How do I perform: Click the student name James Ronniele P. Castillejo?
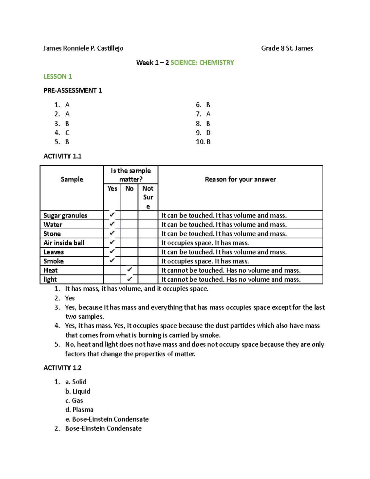(x=83, y=48)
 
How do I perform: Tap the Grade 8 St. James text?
(x=287, y=48)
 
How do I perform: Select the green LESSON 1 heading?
(x=58, y=76)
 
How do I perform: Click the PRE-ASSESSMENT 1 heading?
(x=72, y=90)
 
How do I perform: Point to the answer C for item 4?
(x=67, y=133)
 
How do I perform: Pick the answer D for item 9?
(x=208, y=133)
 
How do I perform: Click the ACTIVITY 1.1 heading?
(x=62, y=156)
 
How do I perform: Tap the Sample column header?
(x=72, y=179)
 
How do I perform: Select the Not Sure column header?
(x=148, y=197)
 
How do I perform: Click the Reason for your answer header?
(x=240, y=179)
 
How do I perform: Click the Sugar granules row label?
(x=65, y=215)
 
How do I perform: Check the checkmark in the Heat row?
(x=129, y=270)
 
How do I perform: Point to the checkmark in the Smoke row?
(x=112, y=261)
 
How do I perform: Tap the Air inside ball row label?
(x=64, y=243)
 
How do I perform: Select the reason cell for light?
(x=231, y=279)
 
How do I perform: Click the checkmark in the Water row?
(x=112, y=224)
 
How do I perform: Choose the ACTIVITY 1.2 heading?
(x=62, y=368)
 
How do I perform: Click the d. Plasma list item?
(x=79, y=410)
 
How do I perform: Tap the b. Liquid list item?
(x=78, y=391)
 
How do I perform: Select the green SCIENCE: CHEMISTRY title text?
(x=202, y=63)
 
